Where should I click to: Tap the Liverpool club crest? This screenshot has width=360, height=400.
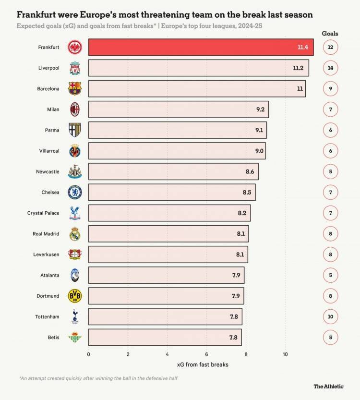click(x=74, y=68)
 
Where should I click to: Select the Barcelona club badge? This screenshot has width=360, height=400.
click(x=74, y=89)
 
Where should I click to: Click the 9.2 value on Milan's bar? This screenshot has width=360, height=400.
click(x=260, y=109)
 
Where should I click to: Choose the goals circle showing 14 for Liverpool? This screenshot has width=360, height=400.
click(x=330, y=68)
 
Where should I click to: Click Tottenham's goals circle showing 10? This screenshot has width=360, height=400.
click(x=330, y=316)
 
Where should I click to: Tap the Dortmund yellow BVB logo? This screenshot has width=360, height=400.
click(x=74, y=296)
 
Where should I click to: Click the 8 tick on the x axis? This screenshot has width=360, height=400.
click(x=246, y=354)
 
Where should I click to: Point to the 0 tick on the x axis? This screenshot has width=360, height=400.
click(x=88, y=354)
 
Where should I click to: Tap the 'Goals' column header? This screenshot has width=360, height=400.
click(x=330, y=34)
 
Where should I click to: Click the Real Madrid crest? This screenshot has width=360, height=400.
click(x=74, y=234)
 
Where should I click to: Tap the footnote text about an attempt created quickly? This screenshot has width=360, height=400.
click(x=98, y=378)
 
